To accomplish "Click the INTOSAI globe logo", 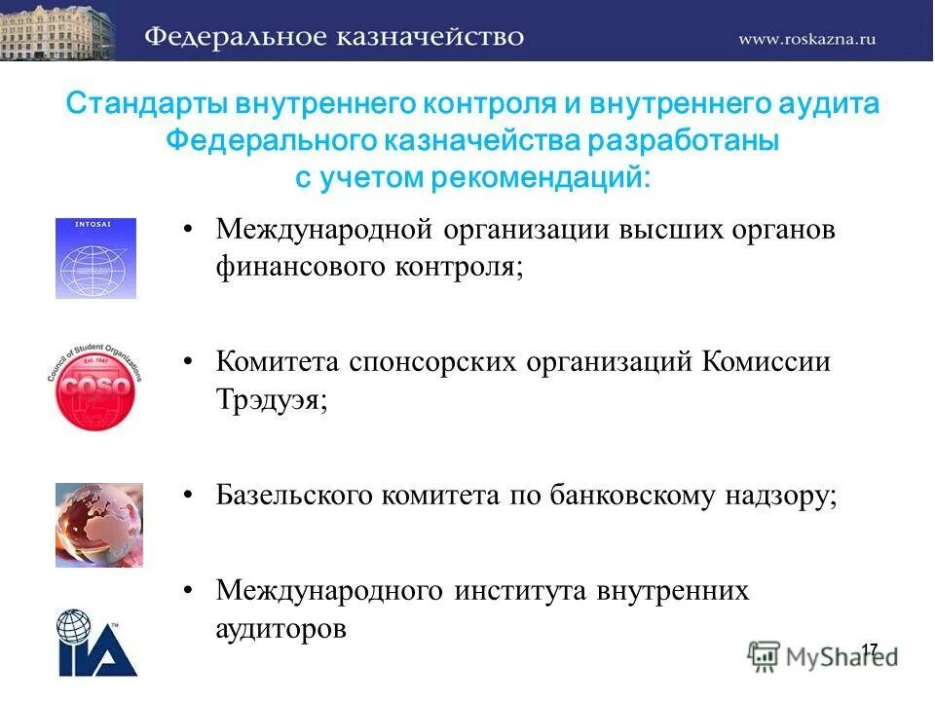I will pos(95,258).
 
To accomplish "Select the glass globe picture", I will pos(98,525).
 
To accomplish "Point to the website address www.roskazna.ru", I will pos(807,38).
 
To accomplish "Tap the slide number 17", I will pos(869,649).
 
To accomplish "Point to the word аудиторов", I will pos(280,629).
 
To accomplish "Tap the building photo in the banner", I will pos(56,30).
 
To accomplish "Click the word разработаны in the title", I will pos(683,142).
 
